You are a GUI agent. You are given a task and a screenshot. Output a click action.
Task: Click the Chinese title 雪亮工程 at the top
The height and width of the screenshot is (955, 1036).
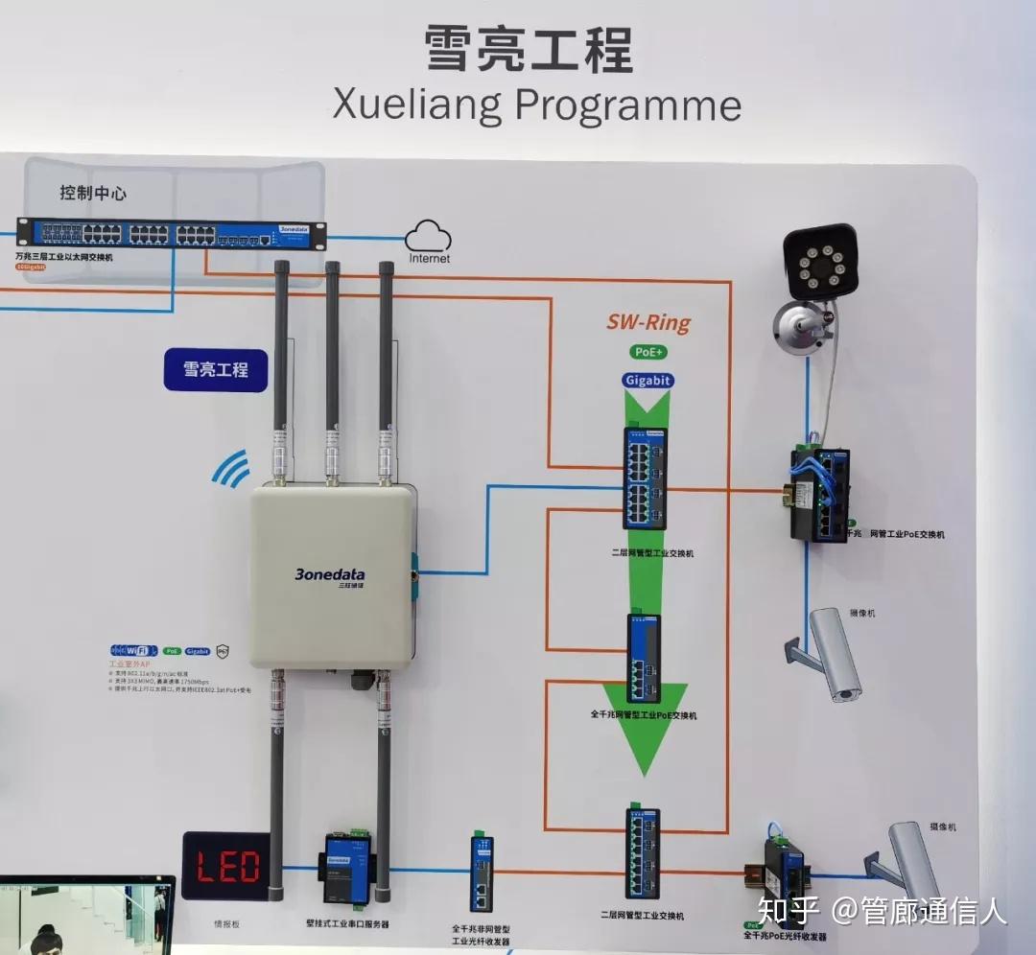click(529, 49)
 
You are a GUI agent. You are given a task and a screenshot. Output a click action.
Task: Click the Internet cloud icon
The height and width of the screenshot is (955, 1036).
click(428, 238)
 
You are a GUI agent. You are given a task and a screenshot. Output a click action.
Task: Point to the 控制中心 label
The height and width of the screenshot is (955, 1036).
click(93, 193)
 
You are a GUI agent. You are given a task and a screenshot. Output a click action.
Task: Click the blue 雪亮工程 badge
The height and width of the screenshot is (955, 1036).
click(215, 368)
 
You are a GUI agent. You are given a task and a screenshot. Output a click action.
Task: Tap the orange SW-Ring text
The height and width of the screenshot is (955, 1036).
click(647, 322)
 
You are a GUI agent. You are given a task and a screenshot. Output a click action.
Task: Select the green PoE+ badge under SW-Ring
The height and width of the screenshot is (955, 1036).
click(648, 353)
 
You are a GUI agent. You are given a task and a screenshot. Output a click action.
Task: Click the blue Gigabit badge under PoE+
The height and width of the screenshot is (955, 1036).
click(648, 380)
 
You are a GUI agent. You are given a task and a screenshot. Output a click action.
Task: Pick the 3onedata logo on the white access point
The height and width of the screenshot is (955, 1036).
click(329, 575)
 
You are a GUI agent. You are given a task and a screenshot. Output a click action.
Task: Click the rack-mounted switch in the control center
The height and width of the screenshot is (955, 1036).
click(171, 234)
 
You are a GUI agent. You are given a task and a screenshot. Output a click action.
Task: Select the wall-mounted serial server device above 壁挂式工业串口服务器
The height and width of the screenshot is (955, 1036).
click(346, 870)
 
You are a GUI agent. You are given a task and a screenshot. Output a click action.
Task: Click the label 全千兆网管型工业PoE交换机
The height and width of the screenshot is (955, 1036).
click(644, 715)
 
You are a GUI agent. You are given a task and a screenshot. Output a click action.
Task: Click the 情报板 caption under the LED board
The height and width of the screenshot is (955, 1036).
click(226, 924)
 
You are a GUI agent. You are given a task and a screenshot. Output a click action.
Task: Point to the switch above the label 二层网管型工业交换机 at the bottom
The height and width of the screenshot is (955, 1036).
click(643, 853)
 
